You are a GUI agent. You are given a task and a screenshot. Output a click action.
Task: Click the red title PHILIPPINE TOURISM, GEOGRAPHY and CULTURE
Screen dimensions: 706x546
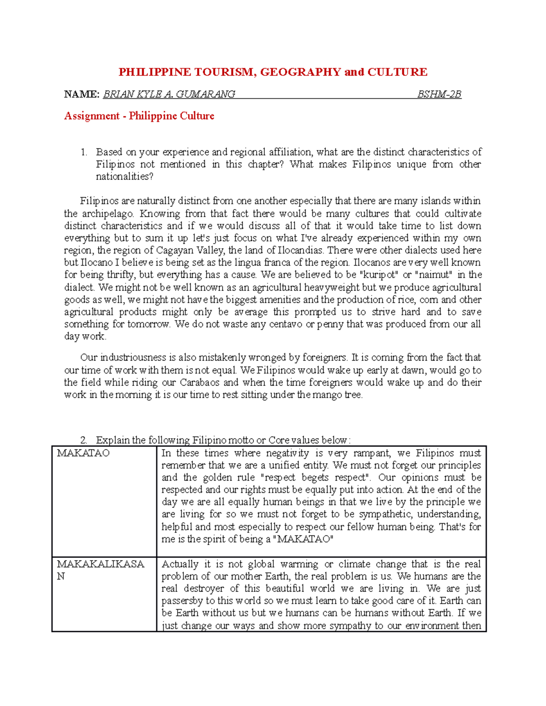(273, 72)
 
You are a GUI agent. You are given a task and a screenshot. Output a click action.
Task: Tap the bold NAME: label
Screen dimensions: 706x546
(81, 95)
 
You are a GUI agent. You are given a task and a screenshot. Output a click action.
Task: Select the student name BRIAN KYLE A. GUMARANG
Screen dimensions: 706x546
(169, 95)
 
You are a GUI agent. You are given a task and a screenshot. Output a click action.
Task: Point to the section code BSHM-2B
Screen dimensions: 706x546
(439, 95)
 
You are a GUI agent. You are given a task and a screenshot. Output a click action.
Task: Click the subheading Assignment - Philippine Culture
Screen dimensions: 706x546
(139, 116)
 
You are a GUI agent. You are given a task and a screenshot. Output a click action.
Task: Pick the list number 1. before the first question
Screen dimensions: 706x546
(83, 152)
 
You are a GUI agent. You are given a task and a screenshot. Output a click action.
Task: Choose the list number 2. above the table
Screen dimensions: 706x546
(83, 440)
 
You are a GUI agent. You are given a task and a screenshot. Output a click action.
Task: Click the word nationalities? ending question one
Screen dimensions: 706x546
(125, 177)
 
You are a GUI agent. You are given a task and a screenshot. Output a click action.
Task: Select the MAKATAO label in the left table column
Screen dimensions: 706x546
(83, 453)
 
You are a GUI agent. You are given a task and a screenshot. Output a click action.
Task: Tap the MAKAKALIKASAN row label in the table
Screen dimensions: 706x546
(100, 565)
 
